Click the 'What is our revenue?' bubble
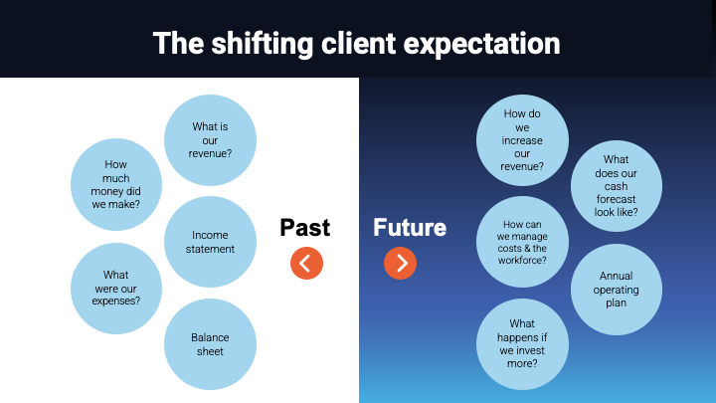pyautogui.click(x=210, y=140)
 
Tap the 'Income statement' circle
pyautogui.click(x=210, y=242)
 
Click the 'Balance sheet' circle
pyautogui.click(x=210, y=344)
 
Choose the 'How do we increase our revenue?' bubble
pyautogui.click(x=523, y=140)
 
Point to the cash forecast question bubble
pyautogui.click(x=617, y=185)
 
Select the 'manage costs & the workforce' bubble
pyautogui.click(x=523, y=243)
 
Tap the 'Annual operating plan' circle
pyautogui.click(x=617, y=290)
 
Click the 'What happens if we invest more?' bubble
pyautogui.click(x=523, y=344)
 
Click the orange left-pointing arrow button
pyautogui.click(x=306, y=263)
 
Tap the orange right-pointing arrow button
pyautogui.click(x=400, y=263)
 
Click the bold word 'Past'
pyautogui.click(x=305, y=228)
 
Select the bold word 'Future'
pyautogui.click(x=410, y=228)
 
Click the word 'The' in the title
pyautogui.click(x=177, y=44)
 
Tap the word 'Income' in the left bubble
pyautogui.click(x=210, y=235)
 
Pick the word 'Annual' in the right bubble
pyautogui.click(x=617, y=276)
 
